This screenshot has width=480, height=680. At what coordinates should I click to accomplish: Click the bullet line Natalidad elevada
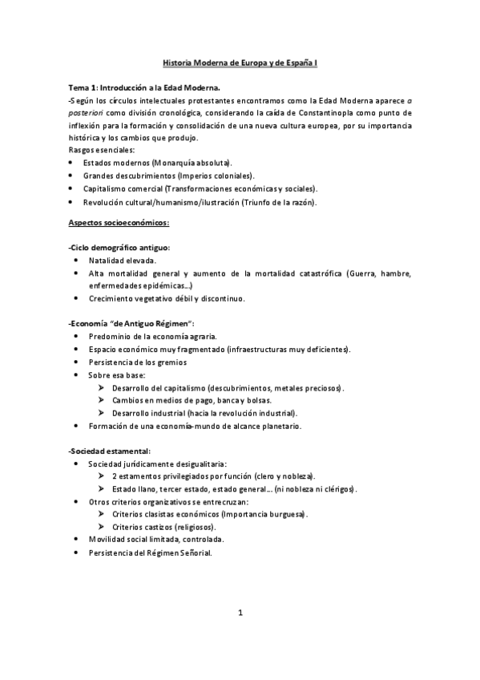(x=122, y=261)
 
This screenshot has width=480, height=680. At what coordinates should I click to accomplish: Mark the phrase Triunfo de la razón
(x=277, y=202)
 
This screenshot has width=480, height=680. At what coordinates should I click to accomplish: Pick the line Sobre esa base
(x=116, y=374)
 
